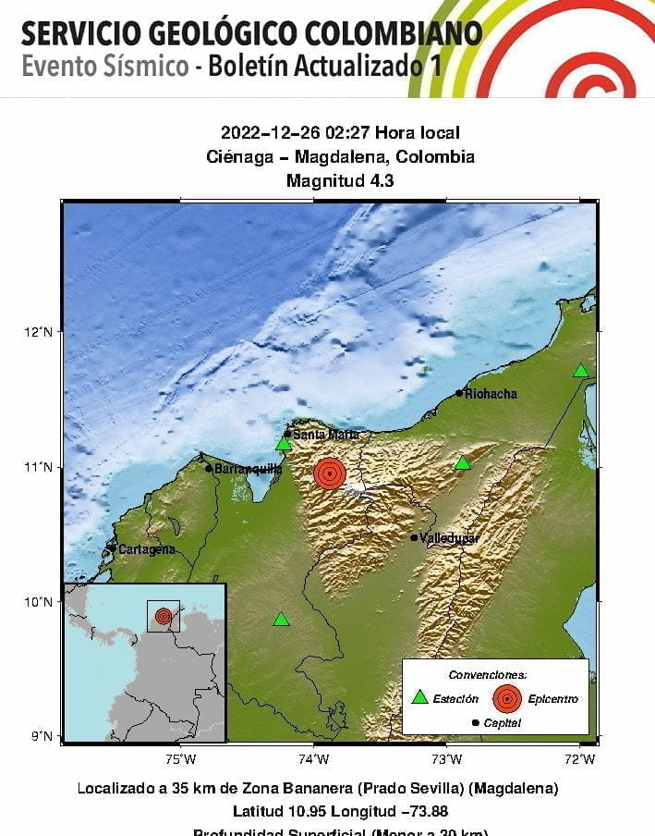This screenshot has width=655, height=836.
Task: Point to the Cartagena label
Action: coord(146,549)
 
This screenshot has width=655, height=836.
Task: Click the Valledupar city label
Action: coord(449,537)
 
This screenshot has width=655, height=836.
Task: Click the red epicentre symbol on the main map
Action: coord(330,473)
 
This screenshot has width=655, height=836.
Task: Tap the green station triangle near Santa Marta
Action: coord(284,445)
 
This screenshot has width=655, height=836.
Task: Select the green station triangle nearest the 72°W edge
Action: coord(580,371)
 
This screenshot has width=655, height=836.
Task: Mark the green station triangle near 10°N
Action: coord(281,620)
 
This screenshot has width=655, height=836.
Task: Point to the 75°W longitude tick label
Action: coord(181,760)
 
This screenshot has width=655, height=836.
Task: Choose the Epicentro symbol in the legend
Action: coord(506,698)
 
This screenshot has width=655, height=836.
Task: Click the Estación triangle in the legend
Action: coord(420,698)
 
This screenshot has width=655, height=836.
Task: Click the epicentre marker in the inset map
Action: coord(164,616)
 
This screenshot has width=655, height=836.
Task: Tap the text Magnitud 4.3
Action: coord(340,180)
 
